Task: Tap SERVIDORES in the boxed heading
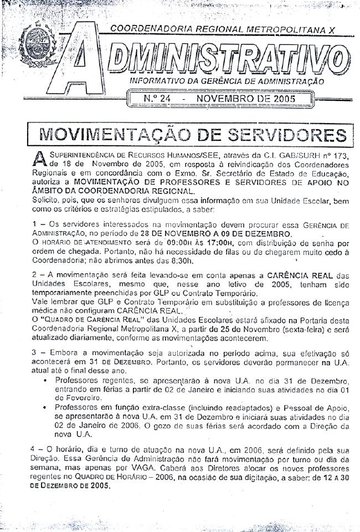pos(289,135)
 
